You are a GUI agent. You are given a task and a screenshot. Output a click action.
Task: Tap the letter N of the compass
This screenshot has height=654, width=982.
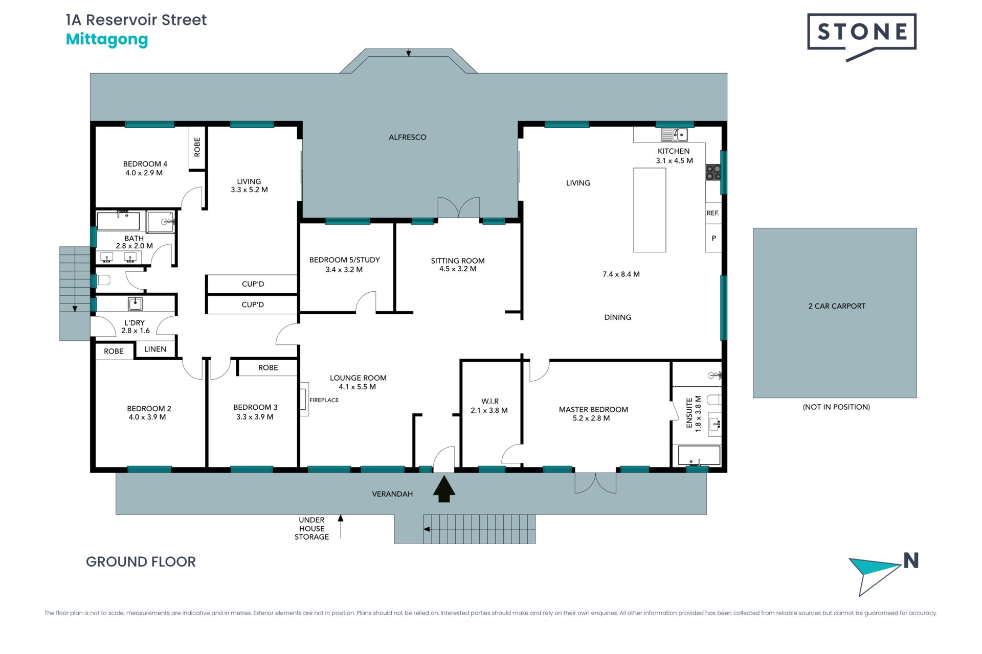(911, 560)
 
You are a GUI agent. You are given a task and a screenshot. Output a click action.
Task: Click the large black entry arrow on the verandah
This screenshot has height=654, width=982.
(444, 489)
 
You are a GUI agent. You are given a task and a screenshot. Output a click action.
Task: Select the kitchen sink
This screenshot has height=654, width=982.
(675, 135)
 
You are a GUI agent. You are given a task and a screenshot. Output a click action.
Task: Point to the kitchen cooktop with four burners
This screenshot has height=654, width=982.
(713, 172)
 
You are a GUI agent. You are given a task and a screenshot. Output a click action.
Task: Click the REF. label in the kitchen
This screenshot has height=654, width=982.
(713, 213)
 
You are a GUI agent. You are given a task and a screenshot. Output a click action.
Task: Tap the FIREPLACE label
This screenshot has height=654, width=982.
(324, 400)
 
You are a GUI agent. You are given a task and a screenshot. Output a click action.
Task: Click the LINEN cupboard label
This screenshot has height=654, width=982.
(155, 349)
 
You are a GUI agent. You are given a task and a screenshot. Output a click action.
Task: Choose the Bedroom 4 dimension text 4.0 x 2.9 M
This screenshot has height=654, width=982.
(144, 173)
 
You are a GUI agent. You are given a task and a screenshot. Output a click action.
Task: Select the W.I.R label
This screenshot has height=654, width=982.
(490, 401)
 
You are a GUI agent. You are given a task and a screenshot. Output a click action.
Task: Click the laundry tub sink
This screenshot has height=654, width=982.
(135, 303)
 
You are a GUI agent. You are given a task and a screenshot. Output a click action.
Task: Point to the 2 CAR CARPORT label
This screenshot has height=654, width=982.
(837, 306)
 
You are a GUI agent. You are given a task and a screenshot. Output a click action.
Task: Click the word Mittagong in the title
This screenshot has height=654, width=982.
(107, 39)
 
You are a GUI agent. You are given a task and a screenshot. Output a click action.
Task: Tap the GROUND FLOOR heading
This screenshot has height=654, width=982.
(141, 562)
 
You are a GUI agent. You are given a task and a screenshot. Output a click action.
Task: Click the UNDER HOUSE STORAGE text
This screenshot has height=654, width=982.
(311, 528)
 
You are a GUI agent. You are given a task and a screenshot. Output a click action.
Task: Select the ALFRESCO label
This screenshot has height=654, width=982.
(407, 137)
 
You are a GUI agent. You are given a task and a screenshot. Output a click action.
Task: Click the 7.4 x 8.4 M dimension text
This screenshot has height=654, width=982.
(621, 274)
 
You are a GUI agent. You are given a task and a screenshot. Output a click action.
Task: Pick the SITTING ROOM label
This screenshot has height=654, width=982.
(458, 261)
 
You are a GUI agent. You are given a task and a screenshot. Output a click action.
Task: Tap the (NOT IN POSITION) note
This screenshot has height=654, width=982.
(836, 407)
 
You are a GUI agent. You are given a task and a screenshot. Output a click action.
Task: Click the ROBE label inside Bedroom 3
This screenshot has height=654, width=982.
(268, 367)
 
